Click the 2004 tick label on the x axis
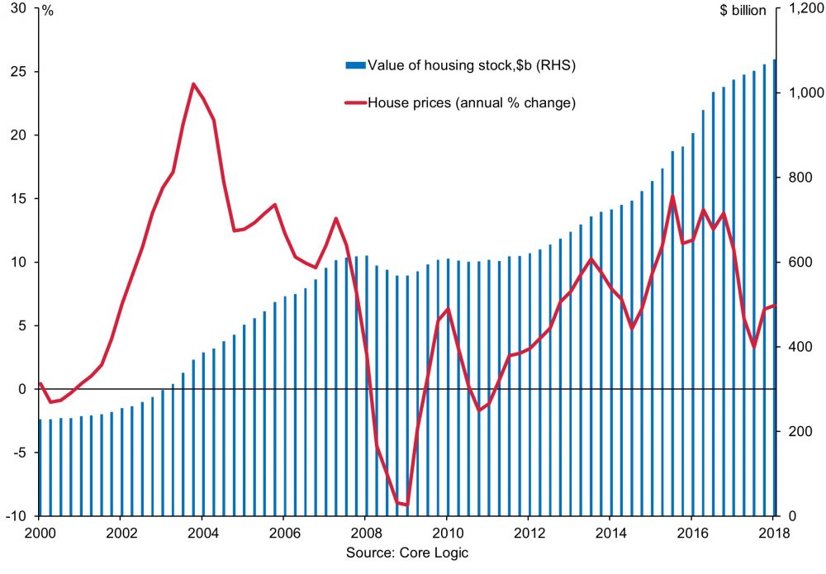point(202,533)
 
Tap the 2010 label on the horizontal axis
point(447,533)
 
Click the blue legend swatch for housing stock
point(354,64)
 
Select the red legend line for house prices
point(354,103)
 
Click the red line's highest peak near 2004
point(192,83)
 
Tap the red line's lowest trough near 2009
point(406,504)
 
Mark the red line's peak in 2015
point(673,197)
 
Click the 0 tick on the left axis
point(26,389)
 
